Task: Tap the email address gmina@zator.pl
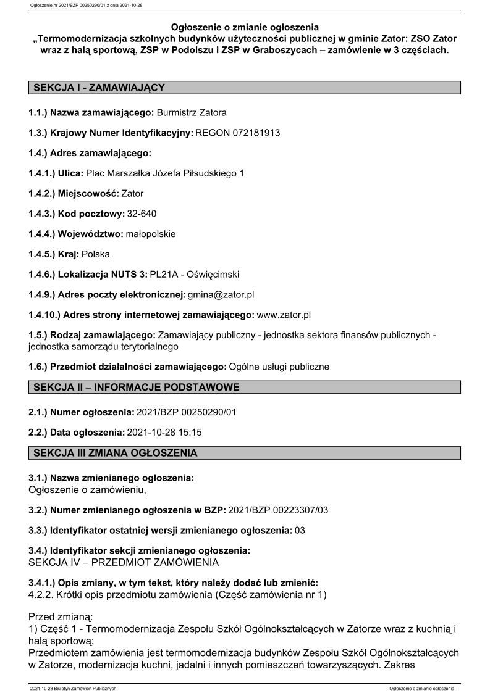219,294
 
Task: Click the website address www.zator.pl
283,315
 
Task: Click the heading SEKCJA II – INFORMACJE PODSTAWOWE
136,387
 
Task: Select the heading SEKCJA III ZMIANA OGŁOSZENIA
116,453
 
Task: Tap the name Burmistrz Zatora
192,113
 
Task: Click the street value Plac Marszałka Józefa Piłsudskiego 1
165,173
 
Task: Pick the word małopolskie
150,234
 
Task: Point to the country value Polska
96,254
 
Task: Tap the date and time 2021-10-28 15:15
164,432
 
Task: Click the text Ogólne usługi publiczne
279,367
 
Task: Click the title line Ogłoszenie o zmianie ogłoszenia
245,27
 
